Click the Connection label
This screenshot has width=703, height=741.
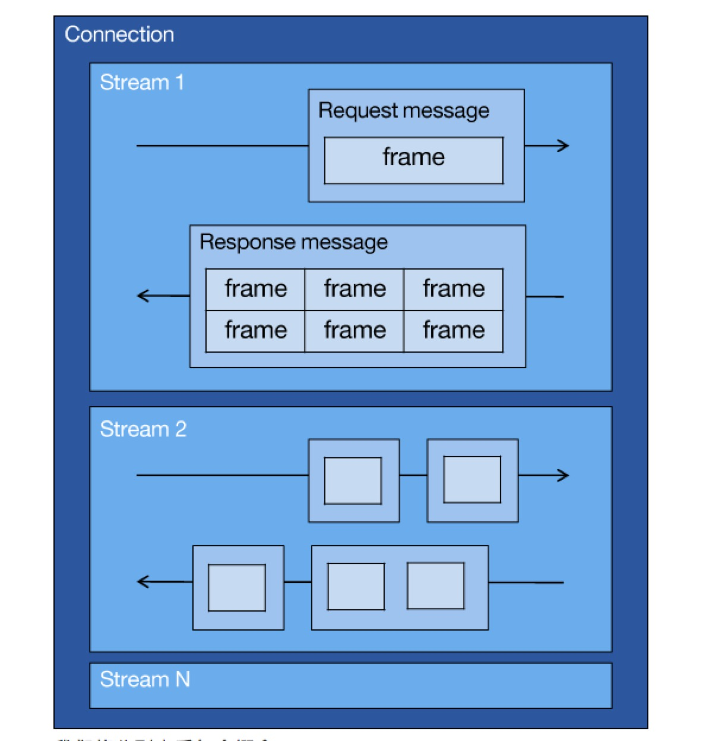(x=119, y=34)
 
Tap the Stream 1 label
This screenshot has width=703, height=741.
(x=141, y=82)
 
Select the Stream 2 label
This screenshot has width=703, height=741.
(x=143, y=429)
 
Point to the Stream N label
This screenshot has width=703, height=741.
(x=145, y=679)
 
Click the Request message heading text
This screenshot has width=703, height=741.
(x=404, y=110)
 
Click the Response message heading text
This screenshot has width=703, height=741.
(x=293, y=242)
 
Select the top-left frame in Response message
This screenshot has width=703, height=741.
(x=255, y=289)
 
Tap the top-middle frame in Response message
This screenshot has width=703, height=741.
(x=354, y=289)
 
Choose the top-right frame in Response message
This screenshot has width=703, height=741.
(x=454, y=289)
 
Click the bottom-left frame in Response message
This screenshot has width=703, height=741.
(x=255, y=331)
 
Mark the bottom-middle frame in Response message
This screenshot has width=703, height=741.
(x=354, y=331)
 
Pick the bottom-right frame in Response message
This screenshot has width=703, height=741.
(x=454, y=331)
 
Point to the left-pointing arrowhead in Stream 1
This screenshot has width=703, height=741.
(x=143, y=295)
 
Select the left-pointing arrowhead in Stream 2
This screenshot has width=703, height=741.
(x=143, y=581)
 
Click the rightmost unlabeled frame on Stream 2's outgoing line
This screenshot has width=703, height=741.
(x=472, y=480)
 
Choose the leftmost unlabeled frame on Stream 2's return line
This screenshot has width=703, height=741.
(x=236, y=587)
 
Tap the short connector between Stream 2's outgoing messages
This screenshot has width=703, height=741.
(x=413, y=475)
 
